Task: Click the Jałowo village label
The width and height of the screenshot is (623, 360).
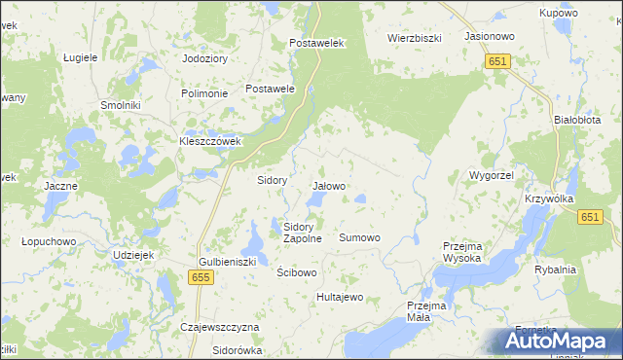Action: tap(329, 185)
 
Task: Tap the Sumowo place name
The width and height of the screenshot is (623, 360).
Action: tap(359, 237)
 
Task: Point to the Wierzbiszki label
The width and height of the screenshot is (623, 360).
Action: tap(416, 38)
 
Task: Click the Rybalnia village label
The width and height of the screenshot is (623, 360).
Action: tap(556, 270)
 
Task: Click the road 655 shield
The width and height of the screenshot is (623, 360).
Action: tap(201, 278)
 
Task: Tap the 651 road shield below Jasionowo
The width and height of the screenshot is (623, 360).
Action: tap(497, 60)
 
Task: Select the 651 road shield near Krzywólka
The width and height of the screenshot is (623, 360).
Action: tap(588, 219)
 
